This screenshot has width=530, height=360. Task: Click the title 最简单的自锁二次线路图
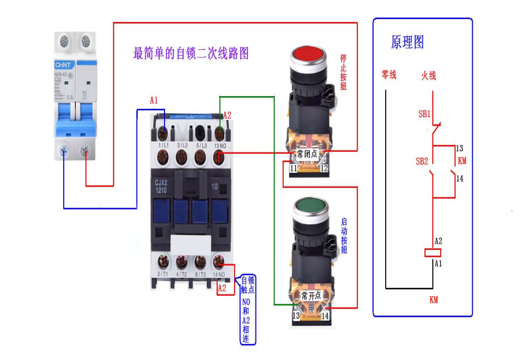click(191, 54)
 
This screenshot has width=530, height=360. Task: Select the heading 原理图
click(407, 42)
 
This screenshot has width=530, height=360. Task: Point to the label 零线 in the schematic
click(389, 75)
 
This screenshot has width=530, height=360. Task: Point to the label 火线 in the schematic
click(428, 75)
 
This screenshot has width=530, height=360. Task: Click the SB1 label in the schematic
click(425, 114)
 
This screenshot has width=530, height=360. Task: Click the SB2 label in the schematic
click(422, 161)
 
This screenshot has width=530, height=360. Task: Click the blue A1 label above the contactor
click(153, 100)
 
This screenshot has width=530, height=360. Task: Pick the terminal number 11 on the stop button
click(294, 168)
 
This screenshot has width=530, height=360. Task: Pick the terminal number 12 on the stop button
click(324, 168)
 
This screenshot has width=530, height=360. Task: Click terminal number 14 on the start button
click(325, 317)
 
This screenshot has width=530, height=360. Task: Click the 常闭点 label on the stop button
click(308, 154)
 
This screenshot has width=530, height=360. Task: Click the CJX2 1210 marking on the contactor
click(161, 186)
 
